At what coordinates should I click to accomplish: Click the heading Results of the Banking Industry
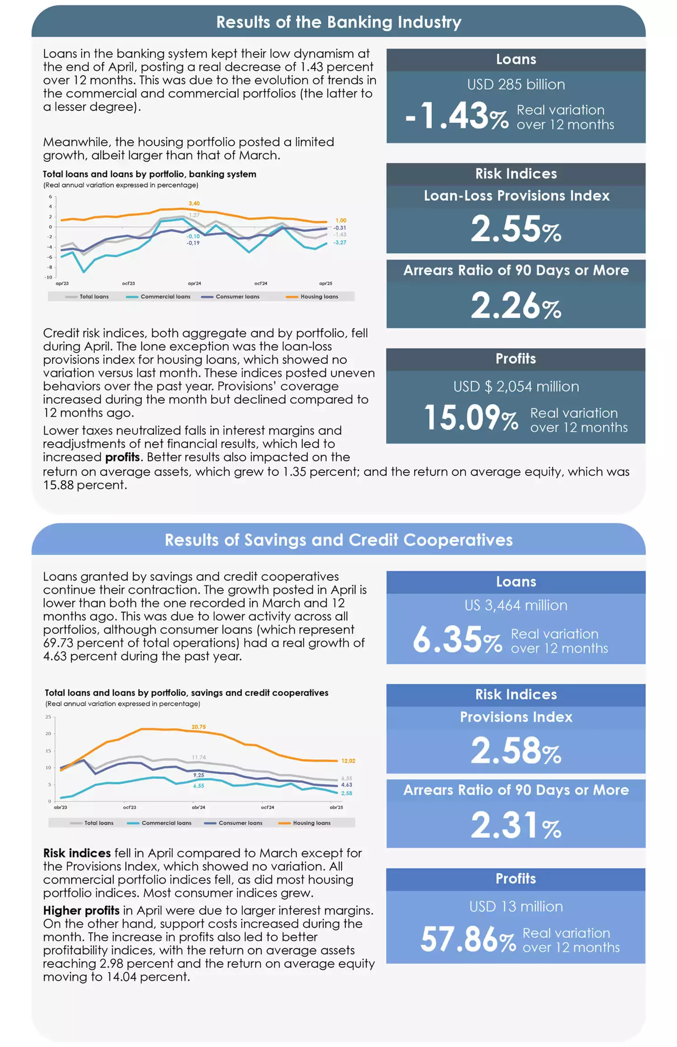338,22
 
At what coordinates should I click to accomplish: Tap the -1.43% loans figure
457,116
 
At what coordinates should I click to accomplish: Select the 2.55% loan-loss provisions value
516,229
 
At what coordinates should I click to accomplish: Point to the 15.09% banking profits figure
471,417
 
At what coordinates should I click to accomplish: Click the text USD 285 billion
516,84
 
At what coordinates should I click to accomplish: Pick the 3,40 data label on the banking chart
194,204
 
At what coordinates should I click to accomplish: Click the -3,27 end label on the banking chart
340,242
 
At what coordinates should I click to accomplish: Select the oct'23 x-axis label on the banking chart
128,283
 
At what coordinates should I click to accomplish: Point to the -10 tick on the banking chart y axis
48,277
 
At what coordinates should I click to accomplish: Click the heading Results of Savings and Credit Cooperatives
338,540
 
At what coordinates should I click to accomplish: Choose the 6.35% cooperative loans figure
457,639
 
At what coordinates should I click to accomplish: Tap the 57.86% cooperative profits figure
468,940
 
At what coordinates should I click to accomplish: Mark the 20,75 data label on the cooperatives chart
199,727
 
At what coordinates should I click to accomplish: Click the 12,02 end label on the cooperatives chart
348,761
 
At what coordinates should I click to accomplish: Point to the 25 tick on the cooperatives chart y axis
48,717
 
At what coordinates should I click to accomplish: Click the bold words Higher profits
81,910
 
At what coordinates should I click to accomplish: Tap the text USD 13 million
516,906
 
